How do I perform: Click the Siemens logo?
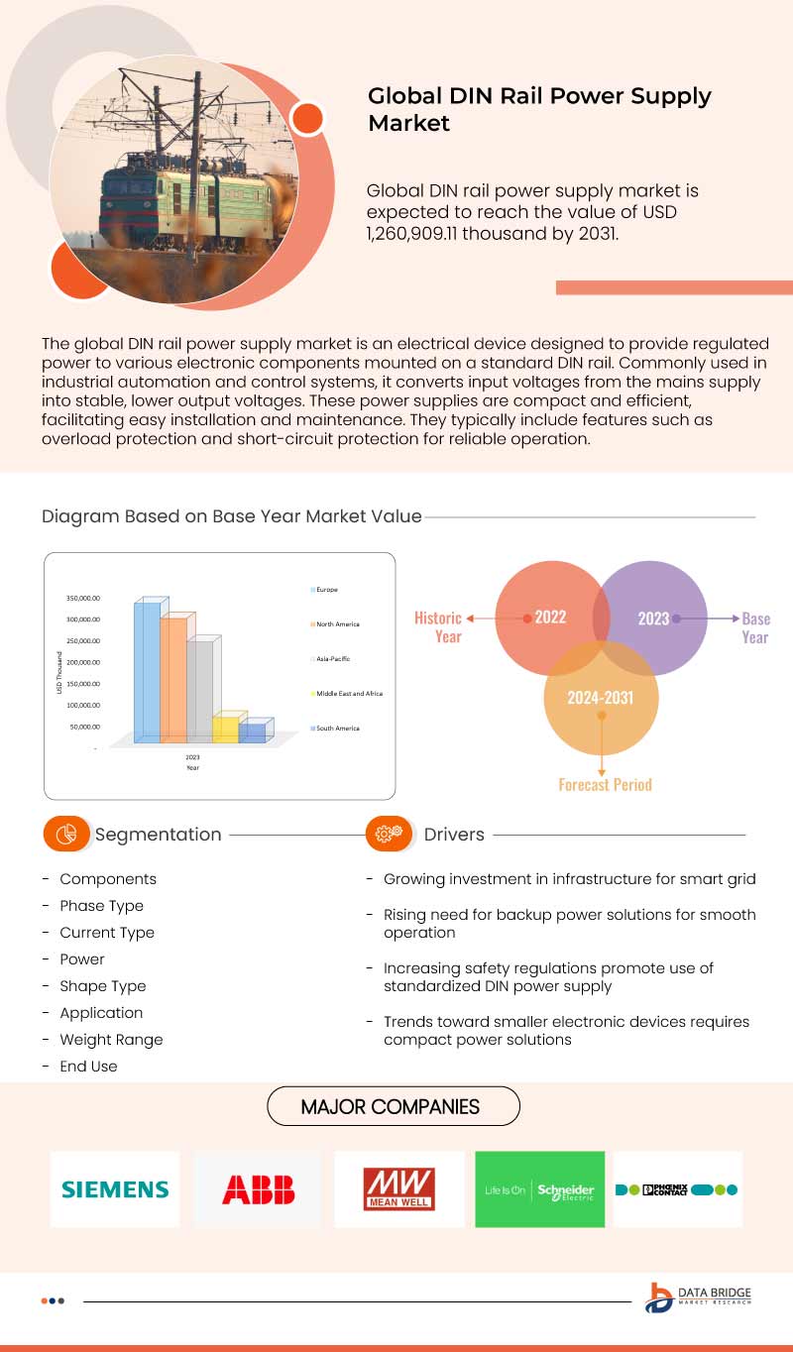[x=115, y=1188]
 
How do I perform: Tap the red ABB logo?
[x=258, y=1188]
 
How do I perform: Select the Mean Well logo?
[x=398, y=1188]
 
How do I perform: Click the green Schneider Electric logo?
[x=539, y=1188]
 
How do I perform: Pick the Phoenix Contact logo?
[x=677, y=1188]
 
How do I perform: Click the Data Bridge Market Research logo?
[x=698, y=1297]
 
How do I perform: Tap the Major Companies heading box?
[x=394, y=1106]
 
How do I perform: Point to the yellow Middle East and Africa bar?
[x=226, y=728]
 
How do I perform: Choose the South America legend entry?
[x=335, y=729]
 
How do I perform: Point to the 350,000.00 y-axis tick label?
[x=83, y=599]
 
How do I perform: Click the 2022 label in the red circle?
[x=550, y=618]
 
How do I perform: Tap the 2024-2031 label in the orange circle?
[x=600, y=698]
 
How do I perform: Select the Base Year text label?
[x=755, y=627]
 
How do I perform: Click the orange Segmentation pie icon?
[x=66, y=834]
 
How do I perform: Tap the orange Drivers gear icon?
[x=389, y=834]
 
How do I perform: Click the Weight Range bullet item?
[x=111, y=1039]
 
